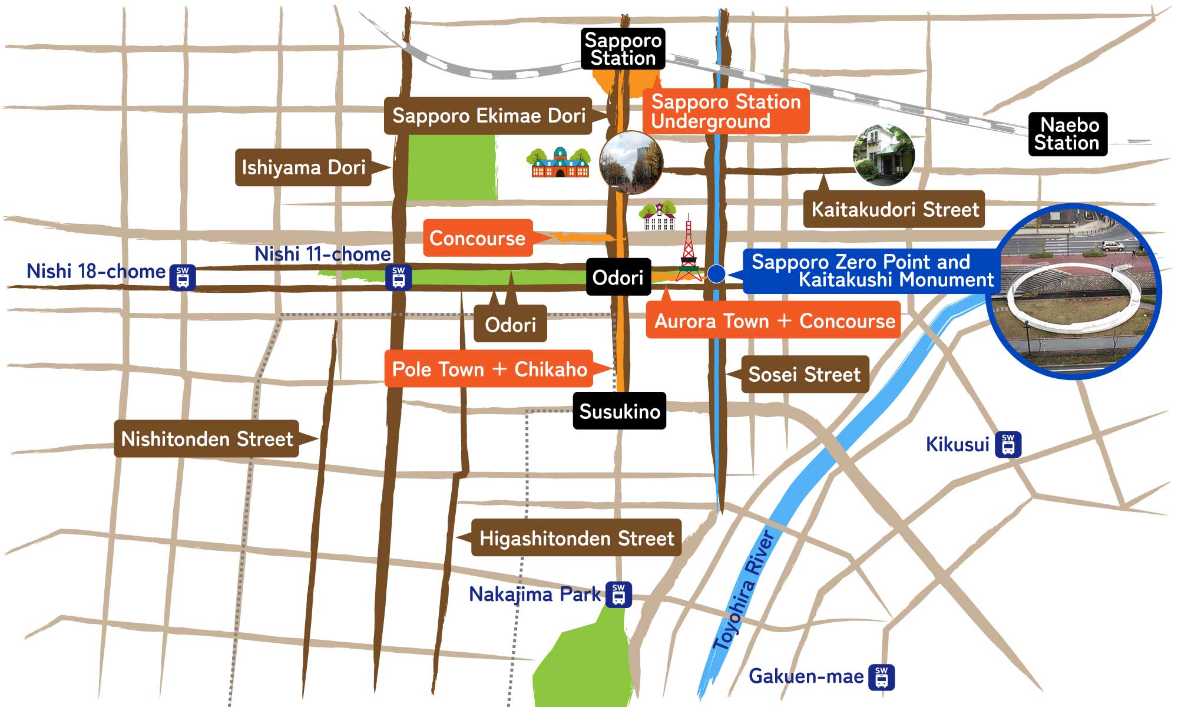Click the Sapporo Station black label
(x=623, y=49)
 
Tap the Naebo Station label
(x=1067, y=134)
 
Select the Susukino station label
(x=619, y=411)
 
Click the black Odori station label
(x=618, y=277)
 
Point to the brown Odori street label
(x=510, y=324)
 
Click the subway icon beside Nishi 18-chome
(x=183, y=277)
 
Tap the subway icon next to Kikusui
(x=1008, y=444)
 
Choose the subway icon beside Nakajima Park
(x=618, y=594)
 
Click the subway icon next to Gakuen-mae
(x=881, y=676)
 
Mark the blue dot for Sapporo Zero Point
(x=716, y=273)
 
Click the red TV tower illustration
(x=688, y=253)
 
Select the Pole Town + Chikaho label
(x=489, y=369)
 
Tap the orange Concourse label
(x=478, y=238)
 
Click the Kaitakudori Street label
(x=894, y=209)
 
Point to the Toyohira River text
(x=743, y=589)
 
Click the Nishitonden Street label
(x=207, y=439)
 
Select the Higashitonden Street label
(x=576, y=538)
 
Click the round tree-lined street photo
(x=631, y=163)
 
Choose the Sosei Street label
(x=804, y=374)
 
